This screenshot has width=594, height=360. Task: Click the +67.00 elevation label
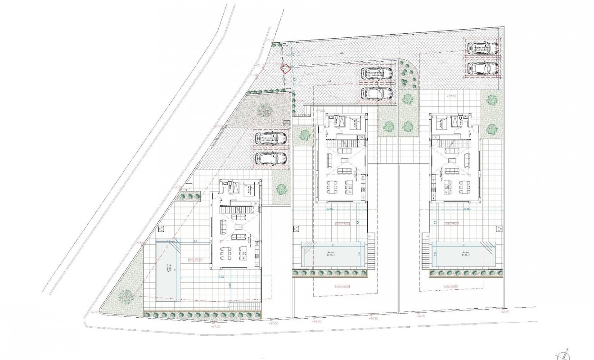[274, 323]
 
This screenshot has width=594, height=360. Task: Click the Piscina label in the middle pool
[332, 253]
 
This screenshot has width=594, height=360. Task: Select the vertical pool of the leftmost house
[169, 269]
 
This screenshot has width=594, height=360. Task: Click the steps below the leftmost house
[245, 306]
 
